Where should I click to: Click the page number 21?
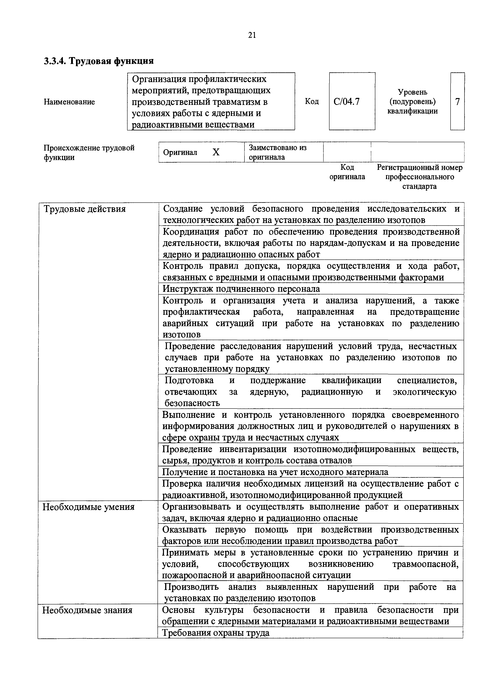[x=252, y=35]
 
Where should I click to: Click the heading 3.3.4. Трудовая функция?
[x=99, y=61]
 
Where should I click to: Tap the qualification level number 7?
[x=457, y=102]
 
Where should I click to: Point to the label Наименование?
[x=69, y=102]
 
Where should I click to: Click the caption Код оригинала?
[x=347, y=172]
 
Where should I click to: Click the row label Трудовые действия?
[x=85, y=209]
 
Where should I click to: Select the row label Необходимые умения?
[x=88, y=507]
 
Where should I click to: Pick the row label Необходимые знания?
[x=87, y=610]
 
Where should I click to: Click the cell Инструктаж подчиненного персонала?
[x=241, y=289]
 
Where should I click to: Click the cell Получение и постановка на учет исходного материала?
[x=275, y=472]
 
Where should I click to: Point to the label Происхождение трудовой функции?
[x=89, y=152]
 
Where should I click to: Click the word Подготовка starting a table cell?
[x=189, y=380]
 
